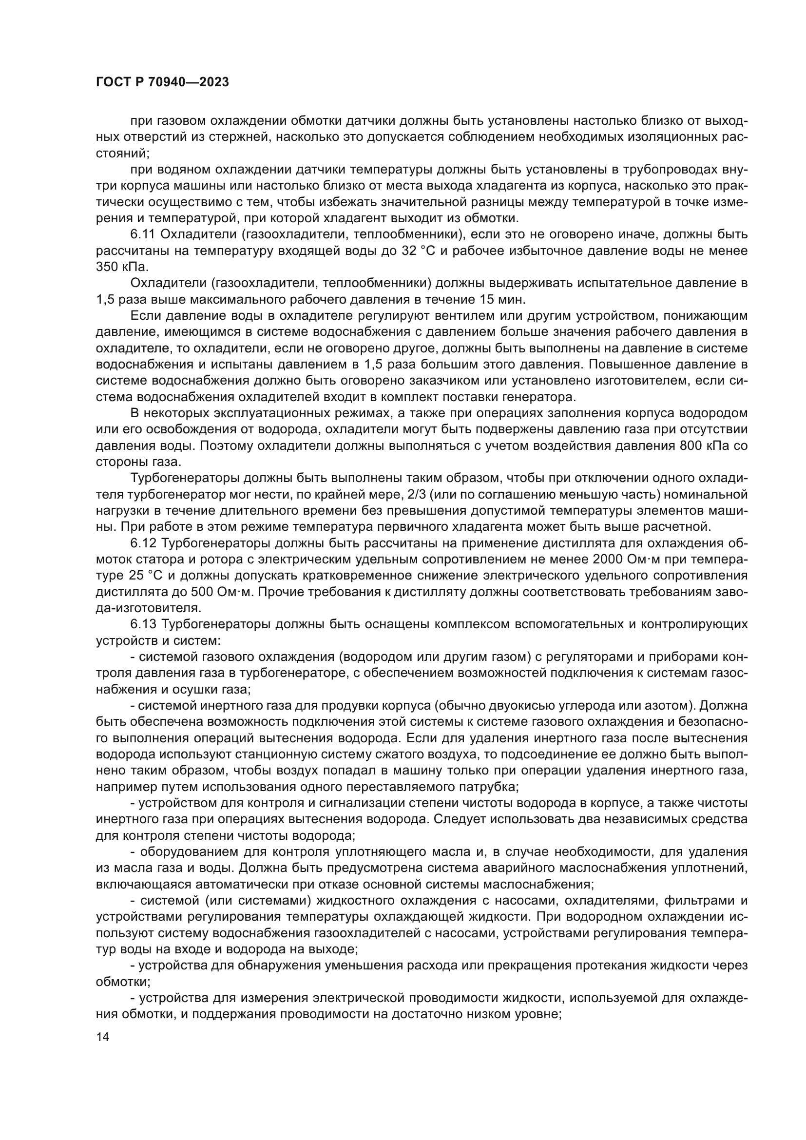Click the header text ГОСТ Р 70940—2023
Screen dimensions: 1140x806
click(x=162, y=82)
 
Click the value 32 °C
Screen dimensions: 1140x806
click(x=418, y=251)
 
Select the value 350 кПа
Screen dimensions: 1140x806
click(x=122, y=267)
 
